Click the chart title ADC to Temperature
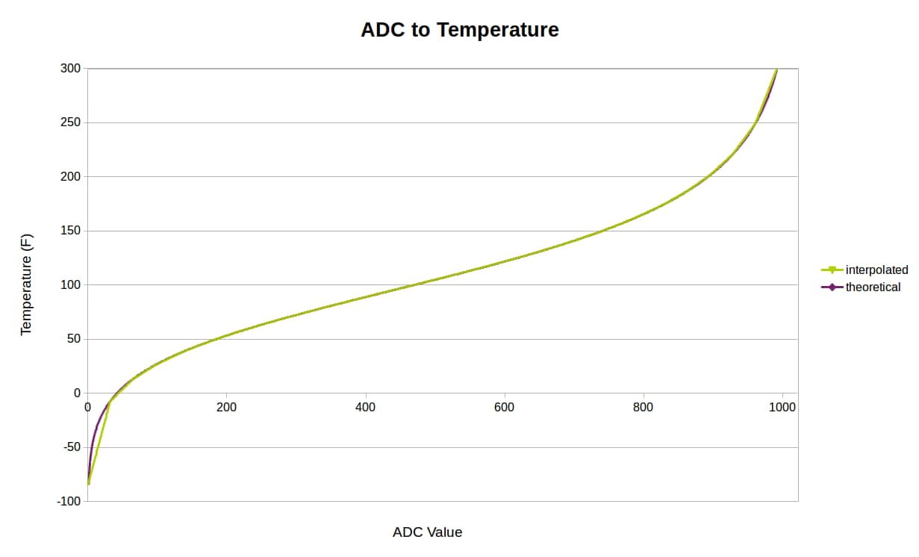pos(459,30)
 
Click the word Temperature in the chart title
pos(497,30)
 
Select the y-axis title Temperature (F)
pos(26,284)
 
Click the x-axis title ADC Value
pos(427,532)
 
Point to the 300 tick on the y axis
pos(72,69)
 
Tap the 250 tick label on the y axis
pos(72,122)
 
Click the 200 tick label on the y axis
pos(72,177)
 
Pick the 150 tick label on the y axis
pos(72,231)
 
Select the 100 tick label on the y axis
pos(72,285)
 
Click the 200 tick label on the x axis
pos(226,408)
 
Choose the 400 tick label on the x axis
pos(365,408)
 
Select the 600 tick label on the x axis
pos(504,408)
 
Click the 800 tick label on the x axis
pos(643,408)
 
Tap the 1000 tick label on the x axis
pos(782,408)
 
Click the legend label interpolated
pos(876,270)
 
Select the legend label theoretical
pos(873,287)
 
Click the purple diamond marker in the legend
pos(832,287)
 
